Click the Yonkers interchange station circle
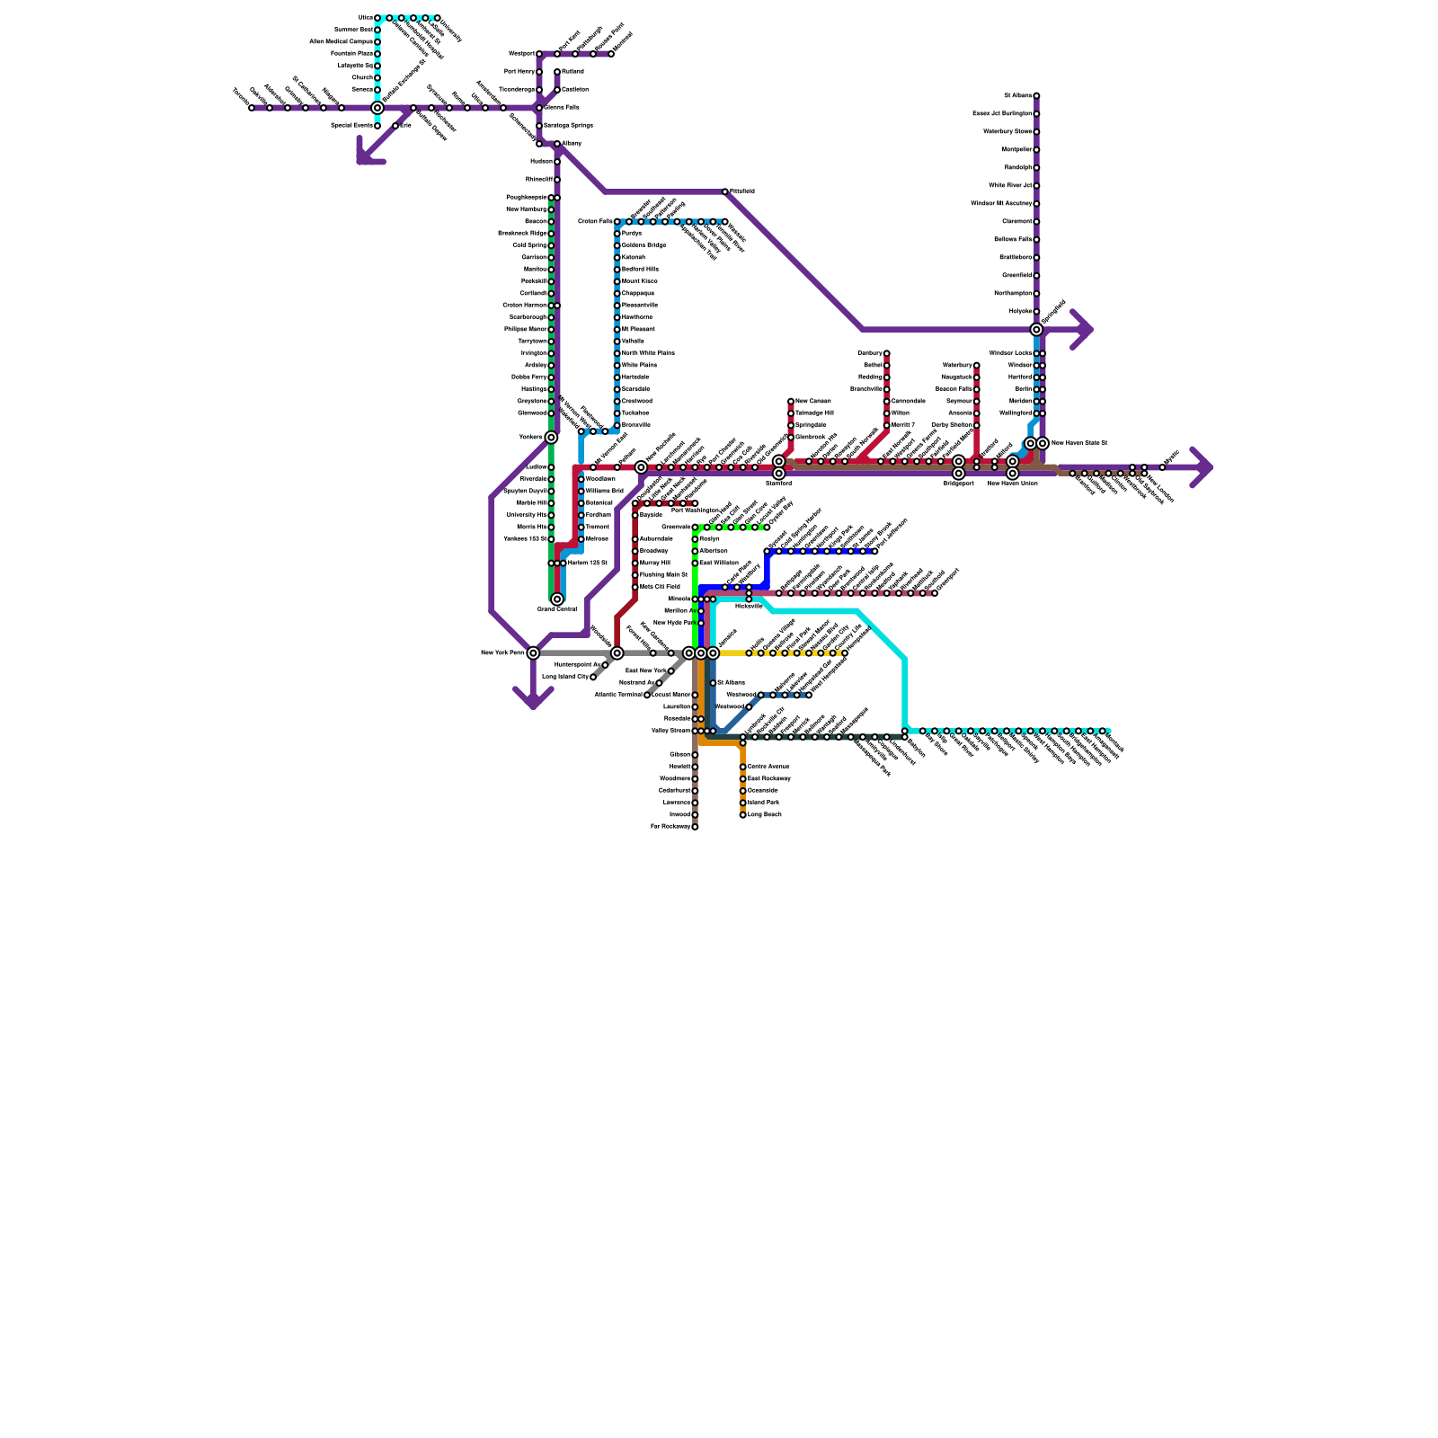point(551,438)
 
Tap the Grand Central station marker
point(557,599)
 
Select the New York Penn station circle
point(533,653)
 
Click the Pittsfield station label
point(742,191)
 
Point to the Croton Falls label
point(595,221)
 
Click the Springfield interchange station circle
point(1036,330)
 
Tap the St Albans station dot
point(1036,95)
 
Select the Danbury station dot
point(886,353)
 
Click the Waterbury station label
point(957,365)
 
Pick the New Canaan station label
point(813,401)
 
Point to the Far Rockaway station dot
point(695,827)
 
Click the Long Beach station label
point(764,814)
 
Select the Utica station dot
point(377,18)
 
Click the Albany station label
point(572,144)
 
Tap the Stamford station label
point(778,484)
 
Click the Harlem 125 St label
point(588,564)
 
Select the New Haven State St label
point(1079,443)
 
